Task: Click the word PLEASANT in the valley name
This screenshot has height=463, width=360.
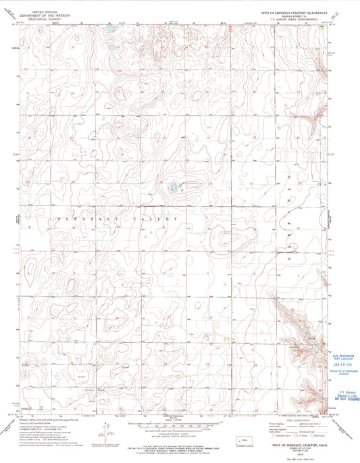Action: click(88, 220)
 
